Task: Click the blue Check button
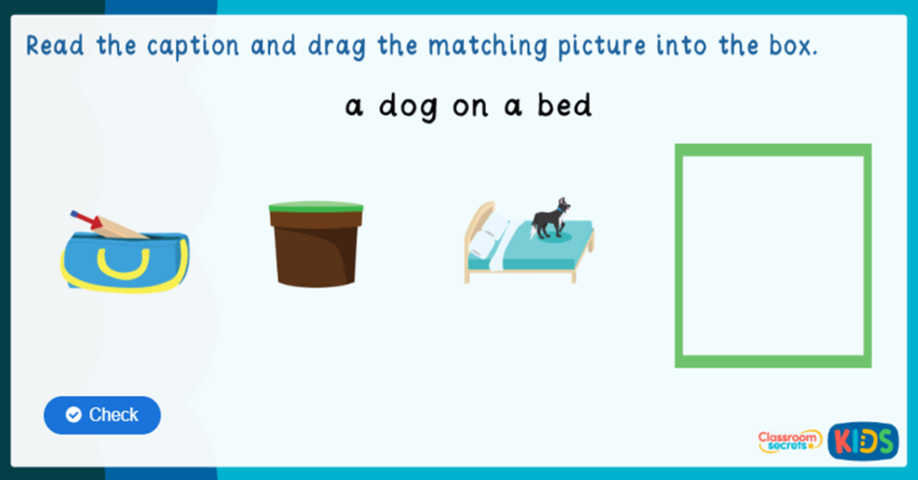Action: point(102,415)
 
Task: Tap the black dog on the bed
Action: point(549,219)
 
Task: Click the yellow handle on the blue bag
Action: point(123,261)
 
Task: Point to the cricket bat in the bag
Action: point(113,226)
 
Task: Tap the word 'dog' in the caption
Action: point(408,107)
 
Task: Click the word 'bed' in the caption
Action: point(564,106)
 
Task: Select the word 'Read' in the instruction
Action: point(56,45)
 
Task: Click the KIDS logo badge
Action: point(862,441)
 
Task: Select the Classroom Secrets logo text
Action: point(790,441)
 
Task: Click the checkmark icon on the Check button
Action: point(74,415)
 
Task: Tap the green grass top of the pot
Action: point(316,207)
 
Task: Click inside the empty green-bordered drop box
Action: point(773,255)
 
